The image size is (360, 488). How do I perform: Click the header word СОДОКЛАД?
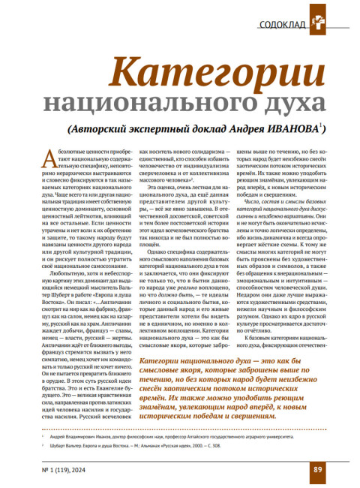[x=282, y=23]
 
